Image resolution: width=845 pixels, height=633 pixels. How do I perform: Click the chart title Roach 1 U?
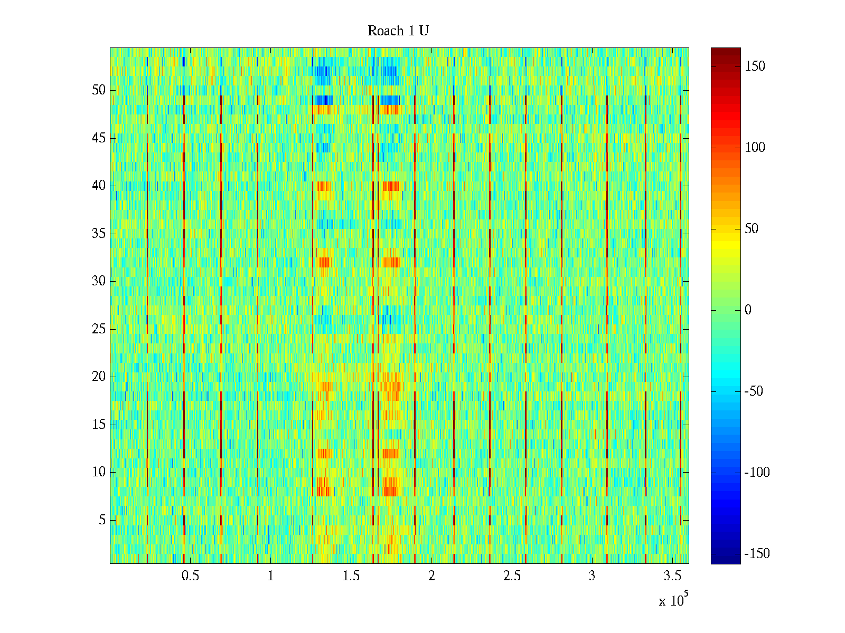tap(398, 31)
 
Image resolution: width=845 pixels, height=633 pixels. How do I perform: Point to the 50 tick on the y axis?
tap(99, 90)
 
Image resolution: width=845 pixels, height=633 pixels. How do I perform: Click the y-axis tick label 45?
tap(99, 138)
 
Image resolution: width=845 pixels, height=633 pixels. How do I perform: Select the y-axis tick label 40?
tap(99, 186)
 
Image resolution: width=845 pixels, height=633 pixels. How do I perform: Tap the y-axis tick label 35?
tap(99, 233)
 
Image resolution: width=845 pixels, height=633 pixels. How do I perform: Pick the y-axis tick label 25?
tap(99, 329)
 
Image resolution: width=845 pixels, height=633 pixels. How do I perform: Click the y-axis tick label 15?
tap(99, 425)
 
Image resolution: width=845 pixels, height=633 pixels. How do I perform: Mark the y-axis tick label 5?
tap(102, 520)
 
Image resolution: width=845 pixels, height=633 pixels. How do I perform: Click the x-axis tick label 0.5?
tap(190, 576)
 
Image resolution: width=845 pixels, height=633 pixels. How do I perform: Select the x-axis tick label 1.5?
tap(351, 576)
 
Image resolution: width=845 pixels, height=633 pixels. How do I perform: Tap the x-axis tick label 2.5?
tap(512, 576)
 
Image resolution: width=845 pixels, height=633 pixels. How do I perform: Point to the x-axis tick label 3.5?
tap(672, 576)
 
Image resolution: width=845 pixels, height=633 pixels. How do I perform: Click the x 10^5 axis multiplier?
tap(673, 600)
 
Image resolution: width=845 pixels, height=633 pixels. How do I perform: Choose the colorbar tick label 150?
tap(755, 66)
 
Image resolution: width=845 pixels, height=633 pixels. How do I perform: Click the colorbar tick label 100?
tap(755, 148)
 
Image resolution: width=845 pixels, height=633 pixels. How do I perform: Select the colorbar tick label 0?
tap(748, 310)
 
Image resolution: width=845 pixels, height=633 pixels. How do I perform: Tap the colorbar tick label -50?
tap(755, 391)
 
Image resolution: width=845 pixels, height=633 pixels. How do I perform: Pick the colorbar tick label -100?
tap(757, 473)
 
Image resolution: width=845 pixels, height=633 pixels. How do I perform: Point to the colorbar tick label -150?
tap(757, 554)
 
